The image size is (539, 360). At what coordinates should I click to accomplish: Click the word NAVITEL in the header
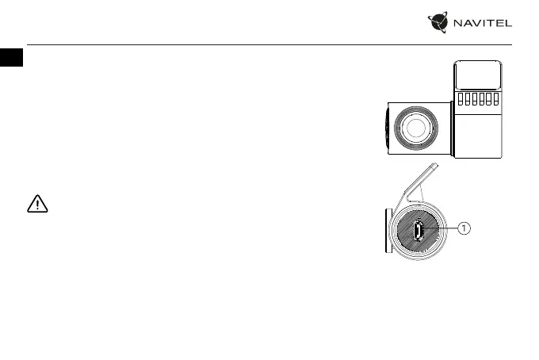click(x=482, y=23)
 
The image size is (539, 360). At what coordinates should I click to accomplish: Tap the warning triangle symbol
click(x=37, y=205)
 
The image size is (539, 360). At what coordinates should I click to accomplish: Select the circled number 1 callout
click(x=464, y=228)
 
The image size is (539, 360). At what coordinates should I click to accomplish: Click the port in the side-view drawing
click(x=419, y=230)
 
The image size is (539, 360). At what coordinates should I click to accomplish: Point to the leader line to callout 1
click(x=442, y=228)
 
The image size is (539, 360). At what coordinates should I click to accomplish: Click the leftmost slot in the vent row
click(x=461, y=100)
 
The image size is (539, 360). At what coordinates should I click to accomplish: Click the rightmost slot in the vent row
click(x=495, y=100)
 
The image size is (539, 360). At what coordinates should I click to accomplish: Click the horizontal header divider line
click(x=269, y=44)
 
